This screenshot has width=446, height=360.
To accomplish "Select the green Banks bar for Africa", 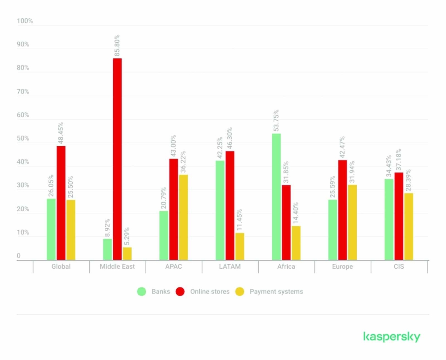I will (277, 196).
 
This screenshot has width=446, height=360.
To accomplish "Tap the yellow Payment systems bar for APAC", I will (183, 217).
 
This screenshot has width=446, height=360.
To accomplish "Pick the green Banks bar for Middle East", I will (107, 250).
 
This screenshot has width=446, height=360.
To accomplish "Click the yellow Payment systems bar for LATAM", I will (240, 246).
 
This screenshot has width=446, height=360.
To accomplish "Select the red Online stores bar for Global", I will (61, 203).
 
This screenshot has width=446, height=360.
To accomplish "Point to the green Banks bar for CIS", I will (389, 219).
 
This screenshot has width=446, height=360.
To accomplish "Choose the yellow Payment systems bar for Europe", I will (352, 222).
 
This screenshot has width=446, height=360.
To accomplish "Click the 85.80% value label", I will (117, 45).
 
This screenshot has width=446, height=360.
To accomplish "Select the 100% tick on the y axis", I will (25, 21).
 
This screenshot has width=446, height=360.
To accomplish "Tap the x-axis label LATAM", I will (230, 266).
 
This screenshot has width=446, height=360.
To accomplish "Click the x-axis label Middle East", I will (117, 266).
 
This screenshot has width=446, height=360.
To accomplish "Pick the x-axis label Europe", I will (343, 266).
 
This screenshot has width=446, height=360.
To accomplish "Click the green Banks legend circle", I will (142, 292).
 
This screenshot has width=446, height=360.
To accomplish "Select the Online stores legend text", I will (210, 292).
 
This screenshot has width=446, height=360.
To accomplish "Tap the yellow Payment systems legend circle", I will (240, 292).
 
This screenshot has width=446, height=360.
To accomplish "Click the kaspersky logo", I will (392, 337).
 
